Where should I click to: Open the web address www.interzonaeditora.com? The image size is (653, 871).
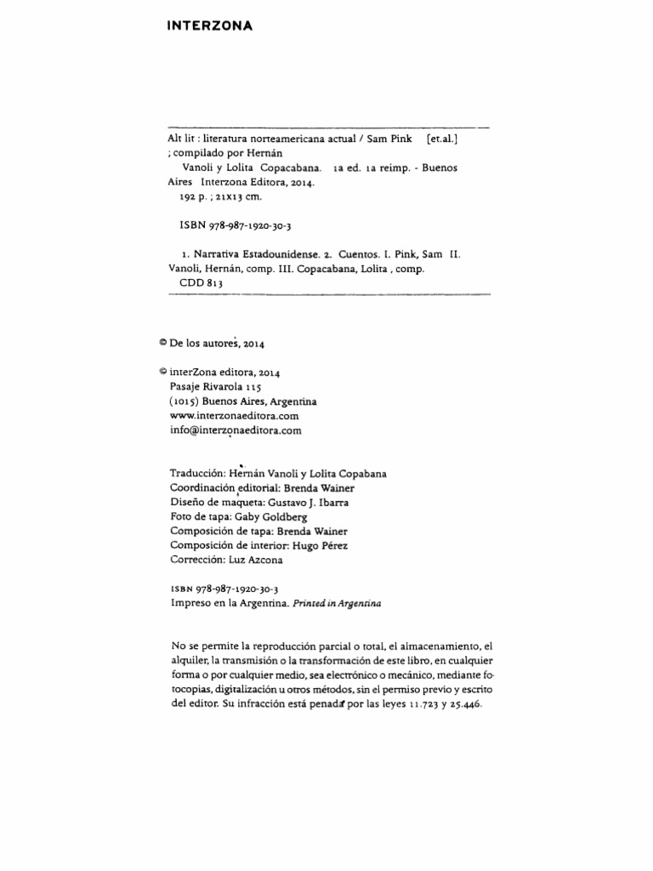[x=235, y=416]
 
